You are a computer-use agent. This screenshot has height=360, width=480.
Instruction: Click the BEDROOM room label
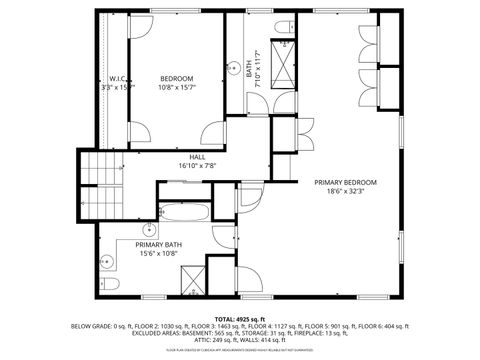point(177,78)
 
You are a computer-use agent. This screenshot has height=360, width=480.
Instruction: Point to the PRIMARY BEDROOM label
point(345,182)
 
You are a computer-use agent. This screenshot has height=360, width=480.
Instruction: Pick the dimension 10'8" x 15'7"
point(177,87)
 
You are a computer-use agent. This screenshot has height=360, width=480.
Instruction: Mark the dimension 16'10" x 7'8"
point(197,166)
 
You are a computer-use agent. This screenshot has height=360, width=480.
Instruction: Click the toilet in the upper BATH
point(284,26)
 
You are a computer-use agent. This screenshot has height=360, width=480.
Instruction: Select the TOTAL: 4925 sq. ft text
point(240,318)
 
